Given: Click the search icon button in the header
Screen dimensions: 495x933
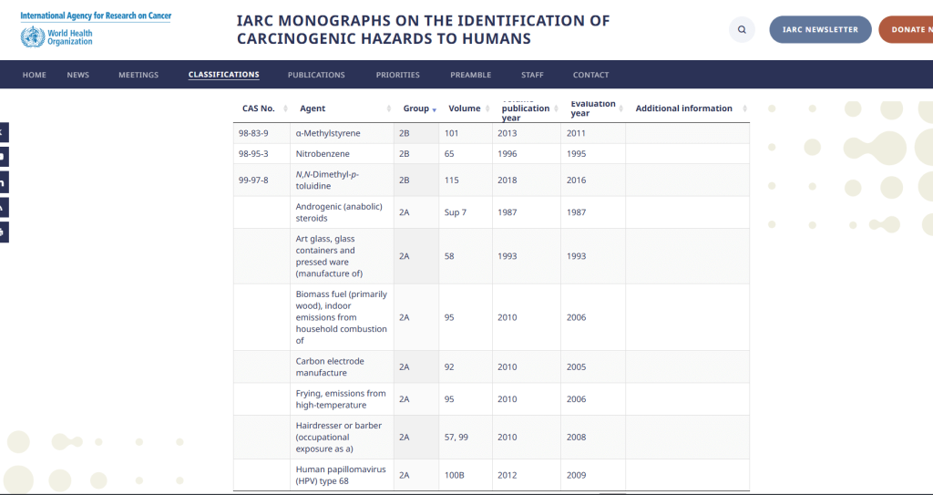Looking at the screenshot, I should pos(742,29).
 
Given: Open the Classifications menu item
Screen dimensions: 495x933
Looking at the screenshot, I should pos(223,75).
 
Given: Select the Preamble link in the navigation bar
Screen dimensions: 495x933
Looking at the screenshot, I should pos(470,75).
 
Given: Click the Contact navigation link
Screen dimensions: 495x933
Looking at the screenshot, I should pos(590,75).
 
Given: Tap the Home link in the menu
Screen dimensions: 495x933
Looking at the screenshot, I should pos(34,75).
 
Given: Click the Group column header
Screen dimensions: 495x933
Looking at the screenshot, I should pos(416,108).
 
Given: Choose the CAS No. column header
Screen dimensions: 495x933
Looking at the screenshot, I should pos(259,108).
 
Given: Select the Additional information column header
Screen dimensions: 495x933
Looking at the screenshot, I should pos(683,108).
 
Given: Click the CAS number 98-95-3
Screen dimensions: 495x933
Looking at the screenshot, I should pos(253,154).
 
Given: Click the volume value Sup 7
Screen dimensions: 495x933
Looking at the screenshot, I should pos(456,212).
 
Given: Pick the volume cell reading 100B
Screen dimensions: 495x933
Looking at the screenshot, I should pos(456,475).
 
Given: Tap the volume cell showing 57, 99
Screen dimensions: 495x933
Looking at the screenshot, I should pos(456,437).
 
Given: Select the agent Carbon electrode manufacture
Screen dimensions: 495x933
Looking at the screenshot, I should pos(329,366).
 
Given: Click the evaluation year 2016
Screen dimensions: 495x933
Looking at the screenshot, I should pos(576,180).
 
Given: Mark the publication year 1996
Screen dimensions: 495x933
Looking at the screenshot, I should pos(508,154).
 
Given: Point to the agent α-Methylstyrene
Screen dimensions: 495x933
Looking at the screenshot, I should pos(328,133).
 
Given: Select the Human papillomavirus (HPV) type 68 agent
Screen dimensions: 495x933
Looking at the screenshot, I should pos(339,475).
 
